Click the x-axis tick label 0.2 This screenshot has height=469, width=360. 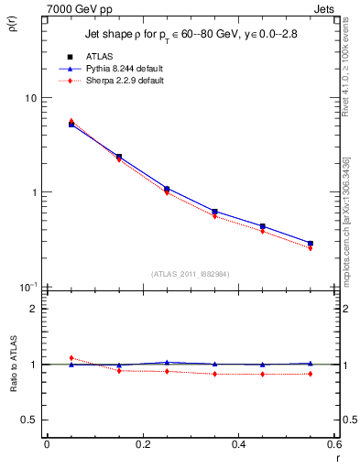tap(142, 444)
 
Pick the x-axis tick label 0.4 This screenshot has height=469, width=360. tap(238, 444)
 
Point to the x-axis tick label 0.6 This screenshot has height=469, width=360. tap(333, 444)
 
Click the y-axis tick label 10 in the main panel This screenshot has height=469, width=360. tap(30, 98)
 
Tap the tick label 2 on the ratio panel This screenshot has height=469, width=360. tap(34, 309)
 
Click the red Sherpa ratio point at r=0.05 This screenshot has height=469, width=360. tap(71, 358)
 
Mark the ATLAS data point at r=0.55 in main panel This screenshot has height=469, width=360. tap(311, 243)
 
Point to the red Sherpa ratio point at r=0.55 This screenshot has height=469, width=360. tap(311, 374)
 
